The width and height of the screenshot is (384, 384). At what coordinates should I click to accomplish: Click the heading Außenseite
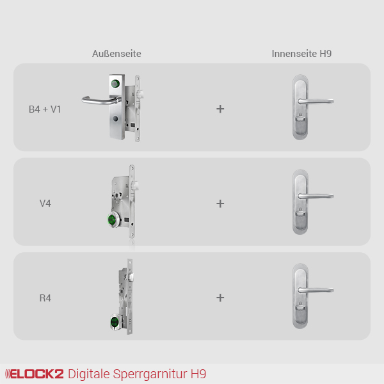[116, 54]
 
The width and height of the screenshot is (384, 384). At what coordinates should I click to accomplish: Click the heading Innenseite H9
[301, 54]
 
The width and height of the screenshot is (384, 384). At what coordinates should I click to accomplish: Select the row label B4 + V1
[45, 109]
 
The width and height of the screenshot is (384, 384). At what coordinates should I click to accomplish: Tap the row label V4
[45, 204]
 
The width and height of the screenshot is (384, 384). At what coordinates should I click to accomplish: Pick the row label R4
[45, 298]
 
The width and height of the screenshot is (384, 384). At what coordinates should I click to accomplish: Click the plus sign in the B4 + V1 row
[220, 109]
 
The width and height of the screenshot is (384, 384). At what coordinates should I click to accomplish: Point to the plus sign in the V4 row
[220, 204]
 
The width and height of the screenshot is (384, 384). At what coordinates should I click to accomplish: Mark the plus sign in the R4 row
[220, 298]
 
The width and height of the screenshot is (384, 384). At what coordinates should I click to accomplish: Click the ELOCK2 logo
[35, 374]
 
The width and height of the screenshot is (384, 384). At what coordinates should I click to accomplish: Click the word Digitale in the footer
[89, 374]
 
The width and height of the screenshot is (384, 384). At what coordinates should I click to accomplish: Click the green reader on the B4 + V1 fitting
[115, 84]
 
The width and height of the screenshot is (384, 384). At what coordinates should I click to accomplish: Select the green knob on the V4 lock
[112, 220]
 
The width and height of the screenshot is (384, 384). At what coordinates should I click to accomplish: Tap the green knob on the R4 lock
[115, 322]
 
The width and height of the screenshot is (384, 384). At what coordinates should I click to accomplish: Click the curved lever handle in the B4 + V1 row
[101, 100]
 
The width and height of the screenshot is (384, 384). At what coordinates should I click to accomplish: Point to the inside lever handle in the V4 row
[316, 196]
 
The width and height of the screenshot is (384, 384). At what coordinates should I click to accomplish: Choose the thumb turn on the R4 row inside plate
[300, 307]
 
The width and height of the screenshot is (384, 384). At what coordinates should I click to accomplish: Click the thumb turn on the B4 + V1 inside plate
[300, 118]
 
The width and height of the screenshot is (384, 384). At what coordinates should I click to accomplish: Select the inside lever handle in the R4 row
[316, 290]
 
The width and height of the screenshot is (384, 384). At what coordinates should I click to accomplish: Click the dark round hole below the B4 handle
[115, 119]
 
